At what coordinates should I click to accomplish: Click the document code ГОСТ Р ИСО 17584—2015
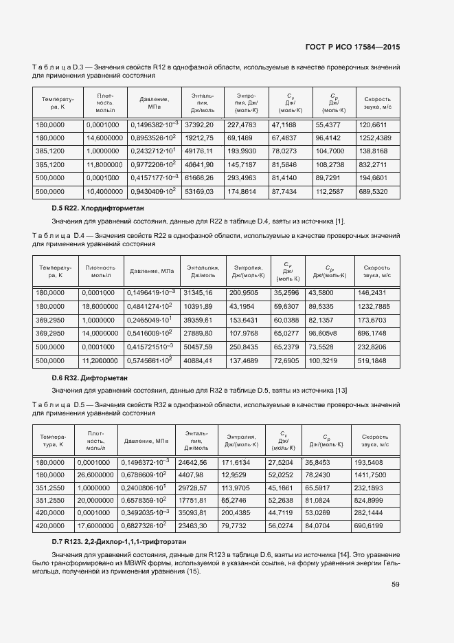[352, 47]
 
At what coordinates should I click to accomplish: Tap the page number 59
[396, 585]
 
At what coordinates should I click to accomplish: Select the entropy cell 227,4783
[242, 125]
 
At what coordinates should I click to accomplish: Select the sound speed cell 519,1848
[373, 360]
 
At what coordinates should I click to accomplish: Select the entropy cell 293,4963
[242, 177]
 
